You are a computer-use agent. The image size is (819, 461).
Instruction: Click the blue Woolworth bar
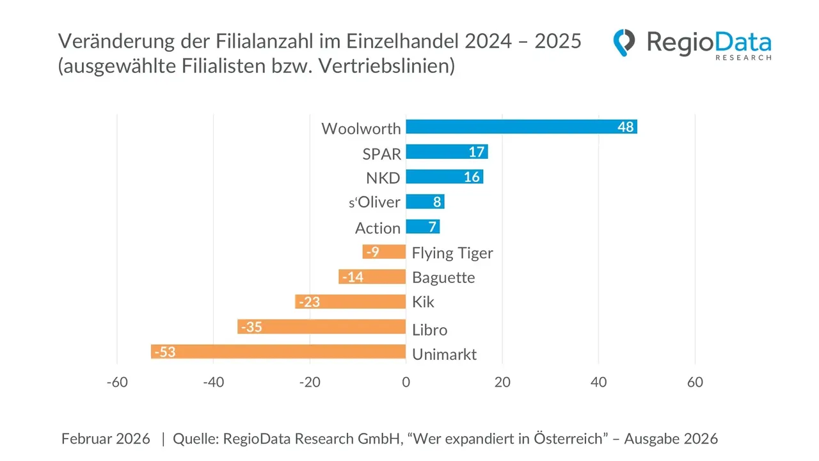click(x=521, y=127)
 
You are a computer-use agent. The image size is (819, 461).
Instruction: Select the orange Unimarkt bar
click(x=278, y=352)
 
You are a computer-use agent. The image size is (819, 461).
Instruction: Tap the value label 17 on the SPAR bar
click(x=476, y=152)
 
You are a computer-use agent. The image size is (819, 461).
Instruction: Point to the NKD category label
click(x=383, y=178)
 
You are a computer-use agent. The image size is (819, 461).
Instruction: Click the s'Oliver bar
click(x=425, y=202)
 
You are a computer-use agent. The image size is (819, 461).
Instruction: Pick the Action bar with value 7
click(x=422, y=227)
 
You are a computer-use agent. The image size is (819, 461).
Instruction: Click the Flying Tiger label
click(x=452, y=253)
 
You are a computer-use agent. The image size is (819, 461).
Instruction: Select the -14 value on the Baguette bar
click(x=353, y=277)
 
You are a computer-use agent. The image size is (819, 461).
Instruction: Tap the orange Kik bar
click(x=350, y=302)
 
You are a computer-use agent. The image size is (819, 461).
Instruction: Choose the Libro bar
click(x=321, y=327)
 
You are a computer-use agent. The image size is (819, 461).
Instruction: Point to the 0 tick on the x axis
click(x=406, y=382)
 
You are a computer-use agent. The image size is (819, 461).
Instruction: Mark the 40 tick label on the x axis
click(x=598, y=382)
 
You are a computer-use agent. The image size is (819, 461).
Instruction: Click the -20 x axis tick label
click(x=309, y=382)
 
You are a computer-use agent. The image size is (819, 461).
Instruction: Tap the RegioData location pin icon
click(x=624, y=42)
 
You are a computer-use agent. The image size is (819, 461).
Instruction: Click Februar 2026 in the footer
click(x=106, y=439)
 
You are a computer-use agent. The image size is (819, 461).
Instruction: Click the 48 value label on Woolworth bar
click(x=625, y=127)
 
